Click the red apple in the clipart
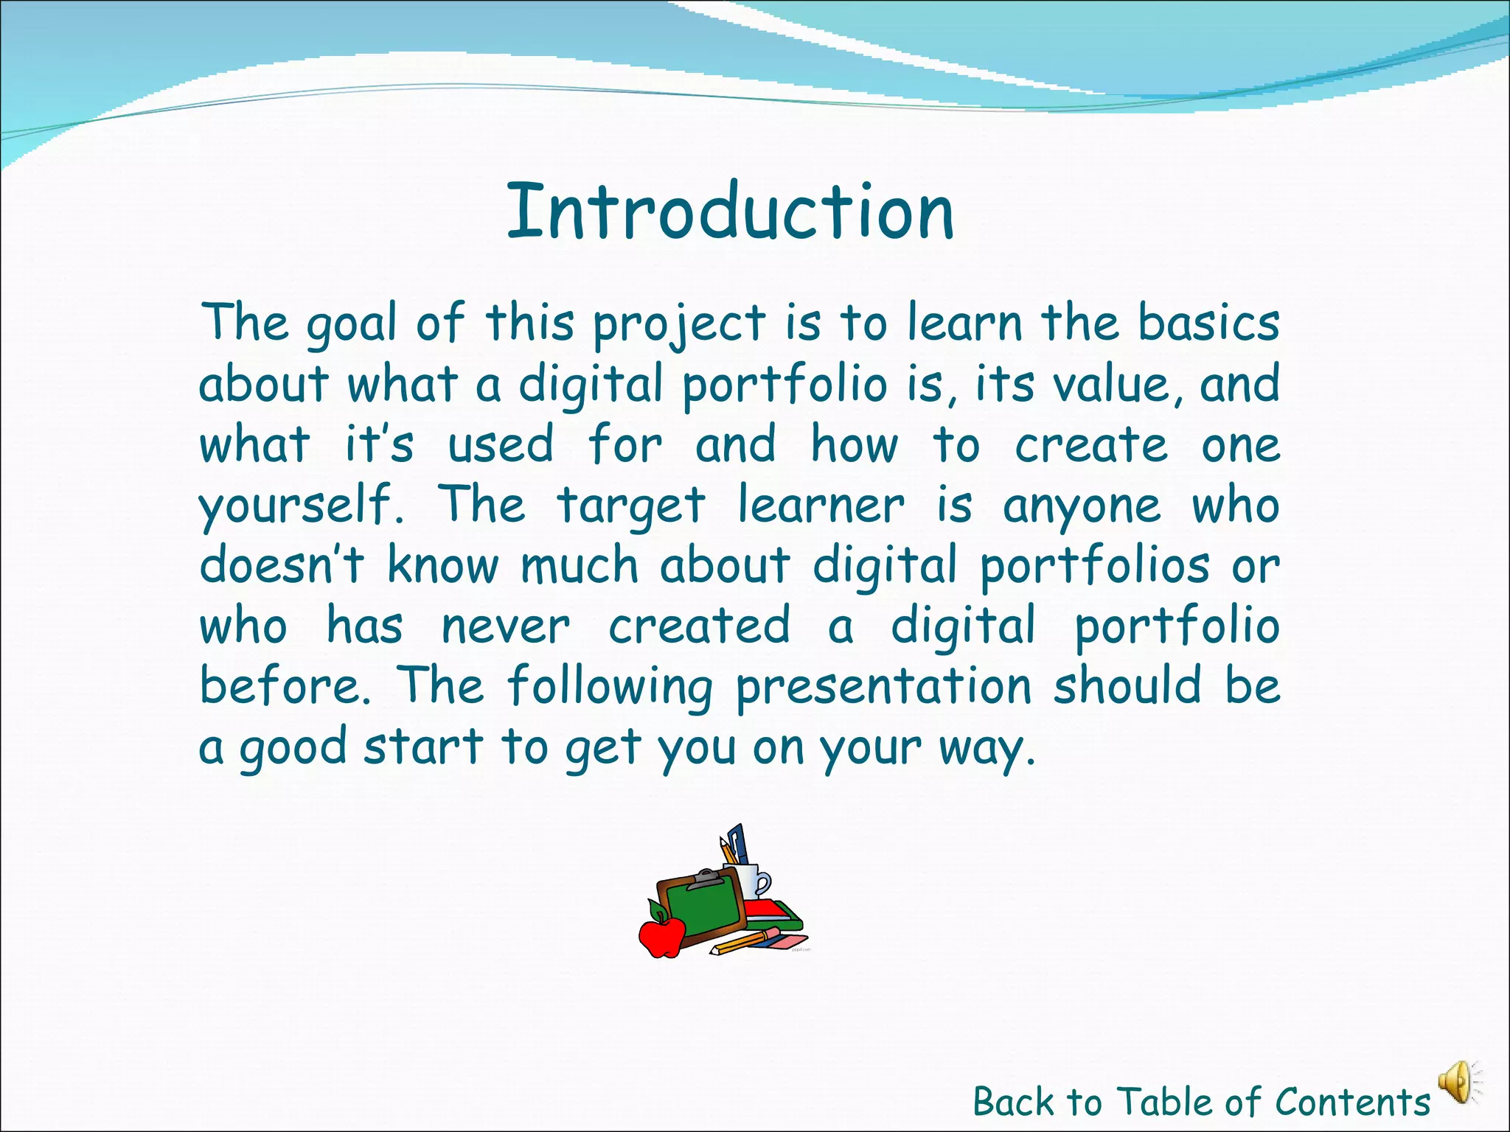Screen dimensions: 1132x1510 661,934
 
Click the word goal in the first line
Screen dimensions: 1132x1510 351,324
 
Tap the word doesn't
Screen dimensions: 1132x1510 282,566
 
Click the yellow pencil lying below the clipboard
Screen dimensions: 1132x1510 741,943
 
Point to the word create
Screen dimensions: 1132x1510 1091,447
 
